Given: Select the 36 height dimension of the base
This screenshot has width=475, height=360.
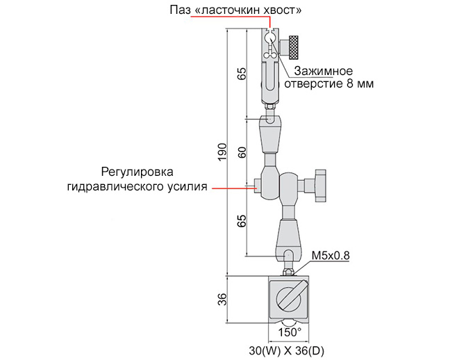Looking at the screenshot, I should tap(222, 299).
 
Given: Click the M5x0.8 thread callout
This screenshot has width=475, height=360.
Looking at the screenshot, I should tap(330, 255).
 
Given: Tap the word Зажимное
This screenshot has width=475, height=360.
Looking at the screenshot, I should tap(322, 71).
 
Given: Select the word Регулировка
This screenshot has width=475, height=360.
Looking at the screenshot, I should tap(136, 172).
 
